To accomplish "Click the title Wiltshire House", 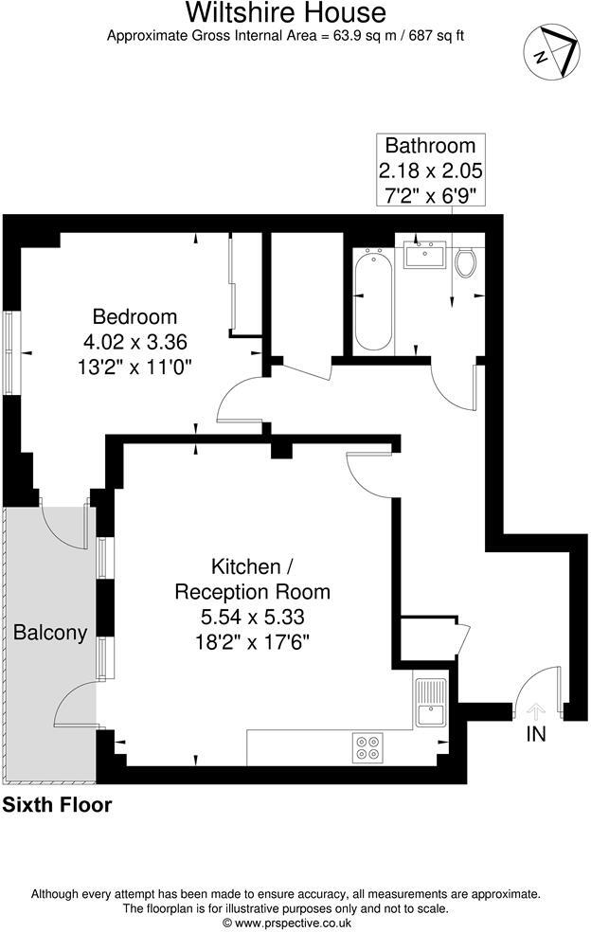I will tap(285, 13).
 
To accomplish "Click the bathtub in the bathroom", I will tap(372, 298).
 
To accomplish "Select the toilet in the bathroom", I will tap(465, 261).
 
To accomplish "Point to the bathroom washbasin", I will tap(424, 255).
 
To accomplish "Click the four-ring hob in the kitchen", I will tap(367, 747).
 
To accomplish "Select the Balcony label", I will tap(50, 633).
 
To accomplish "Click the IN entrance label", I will tap(536, 734).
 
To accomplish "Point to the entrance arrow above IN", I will tap(536, 710).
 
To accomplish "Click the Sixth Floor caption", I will tap(58, 806).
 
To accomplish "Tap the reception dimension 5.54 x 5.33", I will tap(252, 617).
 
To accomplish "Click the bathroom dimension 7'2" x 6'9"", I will tap(431, 196).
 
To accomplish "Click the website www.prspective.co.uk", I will tap(295, 922).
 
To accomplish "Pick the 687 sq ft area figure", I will tap(432, 36).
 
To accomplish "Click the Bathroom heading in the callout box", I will tap(430, 146).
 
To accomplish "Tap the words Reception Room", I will tap(252, 592).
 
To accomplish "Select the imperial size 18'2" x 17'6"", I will tap(252, 641).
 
